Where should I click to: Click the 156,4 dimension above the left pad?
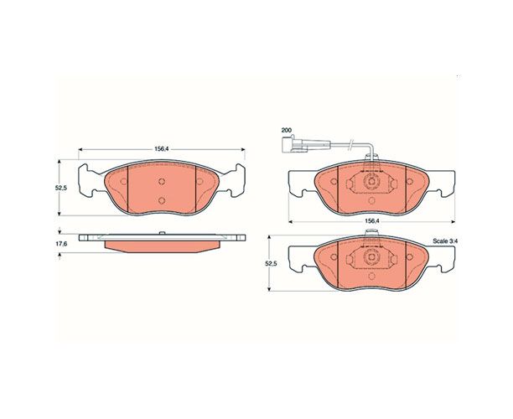[x=161, y=149]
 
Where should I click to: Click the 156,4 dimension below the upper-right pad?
[x=371, y=220]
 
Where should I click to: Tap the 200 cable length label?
[x=287, y=130]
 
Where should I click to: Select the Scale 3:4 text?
[x=445, y=241]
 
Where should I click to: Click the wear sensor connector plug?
[x=293, y=145]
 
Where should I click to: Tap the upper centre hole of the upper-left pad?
[x=161, y=182]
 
